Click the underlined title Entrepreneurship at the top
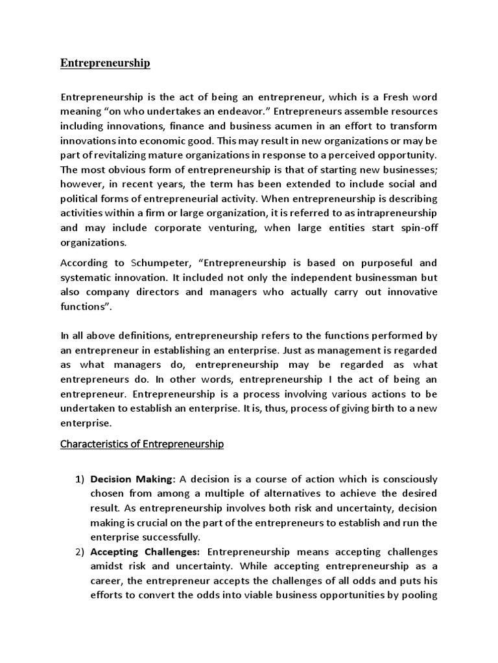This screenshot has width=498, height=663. (x=105, y=63)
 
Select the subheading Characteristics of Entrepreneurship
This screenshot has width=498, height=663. (x=142, y=444)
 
